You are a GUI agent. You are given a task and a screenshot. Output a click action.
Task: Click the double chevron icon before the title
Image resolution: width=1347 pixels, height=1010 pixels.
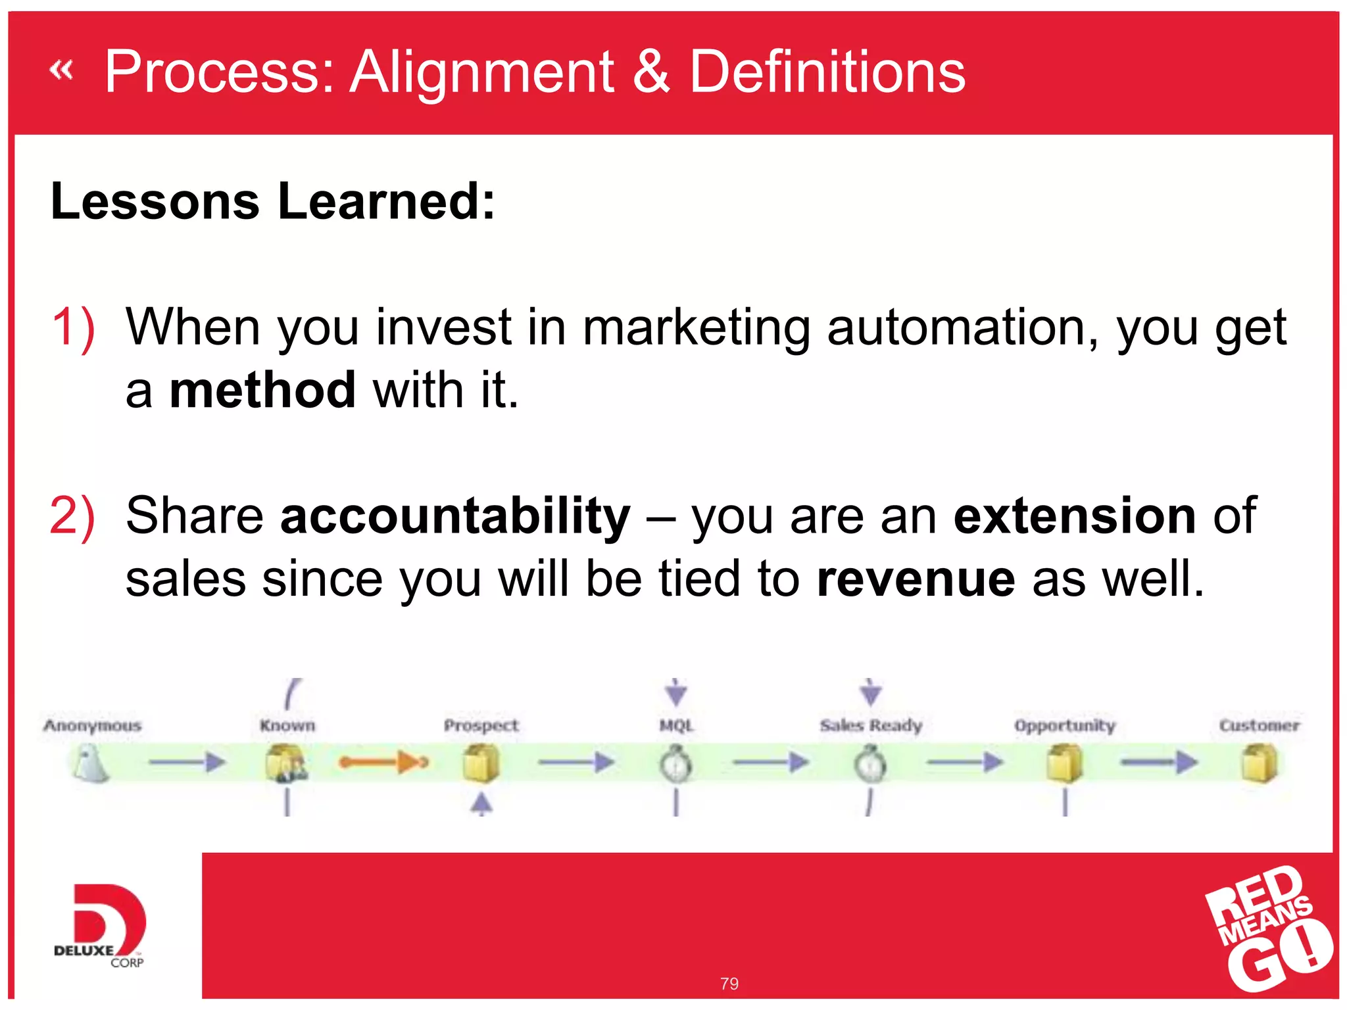pos(61,70)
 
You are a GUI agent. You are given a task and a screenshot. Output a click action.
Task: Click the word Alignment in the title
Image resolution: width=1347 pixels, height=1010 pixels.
pos(482,72)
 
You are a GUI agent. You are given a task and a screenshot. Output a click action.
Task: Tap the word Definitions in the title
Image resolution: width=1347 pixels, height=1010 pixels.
pos(827,72)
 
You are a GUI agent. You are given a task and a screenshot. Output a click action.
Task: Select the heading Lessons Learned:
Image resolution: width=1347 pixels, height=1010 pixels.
pos(272,201)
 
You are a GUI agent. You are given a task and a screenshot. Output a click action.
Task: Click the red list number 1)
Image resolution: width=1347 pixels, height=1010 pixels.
pos(73,327)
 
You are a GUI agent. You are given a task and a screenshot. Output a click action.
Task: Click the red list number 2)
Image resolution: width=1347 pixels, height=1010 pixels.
pos(72,516)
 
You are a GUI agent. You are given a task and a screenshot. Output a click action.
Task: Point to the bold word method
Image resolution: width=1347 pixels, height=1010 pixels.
pos(262,391)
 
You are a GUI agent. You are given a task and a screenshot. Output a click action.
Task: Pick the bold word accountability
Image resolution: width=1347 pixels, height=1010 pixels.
pos(455,516)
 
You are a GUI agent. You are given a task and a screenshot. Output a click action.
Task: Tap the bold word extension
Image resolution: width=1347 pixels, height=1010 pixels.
pos(1075,516)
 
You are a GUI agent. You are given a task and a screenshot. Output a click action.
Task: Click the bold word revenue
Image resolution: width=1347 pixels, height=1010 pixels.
pos(916,579)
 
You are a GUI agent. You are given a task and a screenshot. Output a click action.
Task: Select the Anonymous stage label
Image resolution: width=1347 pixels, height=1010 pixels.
pos(93,725)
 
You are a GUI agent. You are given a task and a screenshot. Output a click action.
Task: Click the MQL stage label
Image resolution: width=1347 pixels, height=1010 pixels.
pos(676,725)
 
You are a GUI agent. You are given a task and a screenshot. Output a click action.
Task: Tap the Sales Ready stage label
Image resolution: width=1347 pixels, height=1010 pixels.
pos(871,725)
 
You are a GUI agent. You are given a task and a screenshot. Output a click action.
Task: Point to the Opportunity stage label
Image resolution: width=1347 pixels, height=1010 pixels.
pos(1065,726)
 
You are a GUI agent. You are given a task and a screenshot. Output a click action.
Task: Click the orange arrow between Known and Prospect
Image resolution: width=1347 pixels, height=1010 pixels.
pos(383,763)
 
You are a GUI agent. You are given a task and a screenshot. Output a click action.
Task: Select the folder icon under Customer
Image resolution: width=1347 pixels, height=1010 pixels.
pos(1259,763)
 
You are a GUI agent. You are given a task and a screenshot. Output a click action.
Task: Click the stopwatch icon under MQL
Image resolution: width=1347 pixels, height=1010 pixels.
pos(676,764)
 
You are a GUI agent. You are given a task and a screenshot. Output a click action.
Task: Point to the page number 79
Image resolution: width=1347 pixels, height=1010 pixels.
pos(729,984)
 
